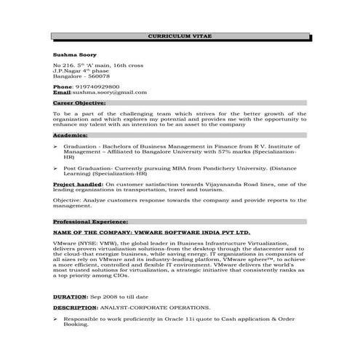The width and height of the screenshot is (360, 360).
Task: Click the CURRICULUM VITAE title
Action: coord(179,36)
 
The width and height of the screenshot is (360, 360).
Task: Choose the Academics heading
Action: coord(70,135)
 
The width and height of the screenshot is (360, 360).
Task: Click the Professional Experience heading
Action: coord(91,220)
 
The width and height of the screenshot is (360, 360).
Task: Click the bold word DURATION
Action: coord(70,297)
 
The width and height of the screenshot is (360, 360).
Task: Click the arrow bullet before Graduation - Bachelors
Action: coord(56,145)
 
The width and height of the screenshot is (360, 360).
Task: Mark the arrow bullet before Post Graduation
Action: coord(56,167)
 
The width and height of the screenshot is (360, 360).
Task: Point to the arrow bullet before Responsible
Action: coord(56,319)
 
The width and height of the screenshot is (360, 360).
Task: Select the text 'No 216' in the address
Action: coord(63,65)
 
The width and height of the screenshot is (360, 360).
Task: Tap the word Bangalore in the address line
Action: coord(68,76)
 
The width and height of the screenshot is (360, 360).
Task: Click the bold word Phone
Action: coord(63,87)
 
